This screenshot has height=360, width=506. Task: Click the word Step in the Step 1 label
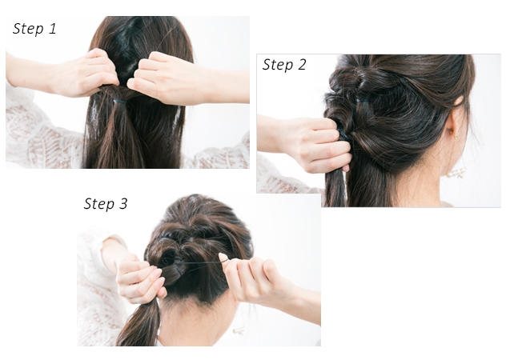click(x=28, y=29)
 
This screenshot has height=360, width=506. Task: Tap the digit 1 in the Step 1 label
click(x=52, y=28)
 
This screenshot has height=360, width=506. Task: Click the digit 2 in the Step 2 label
click(x=301, y=65)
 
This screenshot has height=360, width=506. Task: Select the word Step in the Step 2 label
click(x=278, y=65)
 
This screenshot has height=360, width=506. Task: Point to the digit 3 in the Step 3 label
click(x=123, y=203)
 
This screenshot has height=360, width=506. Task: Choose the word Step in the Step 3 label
click(x=99, y=204)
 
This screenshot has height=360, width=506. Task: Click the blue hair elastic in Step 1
click(x=120, y=102)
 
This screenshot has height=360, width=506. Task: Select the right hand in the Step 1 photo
click(x=162, y=78)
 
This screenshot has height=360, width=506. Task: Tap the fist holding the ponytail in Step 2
click(x=326, y=145)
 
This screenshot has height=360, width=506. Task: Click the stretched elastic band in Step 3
click(x=200, y=263)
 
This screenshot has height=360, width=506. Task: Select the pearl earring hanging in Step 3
click(x=239, y=330)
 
